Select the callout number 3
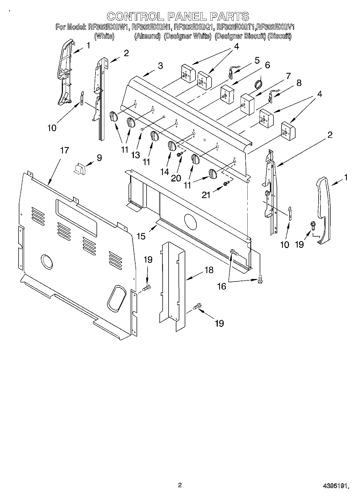tap(160, 66)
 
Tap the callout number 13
tap(136, 155)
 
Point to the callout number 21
tap(206, 195)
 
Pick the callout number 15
tap(141, 236)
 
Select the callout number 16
tap(222, 287)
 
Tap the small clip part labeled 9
tap(79, 169)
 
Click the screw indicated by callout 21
tap(226, 183)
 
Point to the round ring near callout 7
tap(259, 84)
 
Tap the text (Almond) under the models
tap(147, 36)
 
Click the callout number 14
tap(165, 171)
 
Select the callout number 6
tap(267, 65)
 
